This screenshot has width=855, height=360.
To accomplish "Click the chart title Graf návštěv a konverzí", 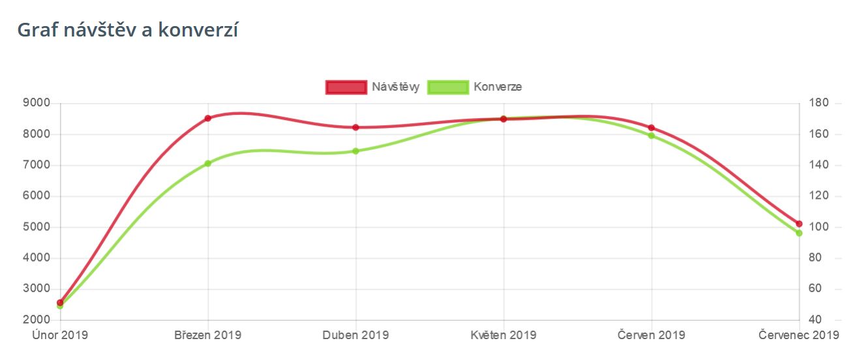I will pyautogui.click(x=127, y=30).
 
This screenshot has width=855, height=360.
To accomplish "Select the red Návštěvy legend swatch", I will pyautogui.click(x=346, y=87).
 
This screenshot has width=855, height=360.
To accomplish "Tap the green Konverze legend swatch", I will pyautogui.click(x=448, y=87).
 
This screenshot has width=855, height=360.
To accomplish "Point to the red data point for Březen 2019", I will pyautogui.click(x=208, y=118).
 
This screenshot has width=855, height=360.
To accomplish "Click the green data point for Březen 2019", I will pyautogui.click(x=208, y=163).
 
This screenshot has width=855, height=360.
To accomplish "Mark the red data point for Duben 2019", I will pyautogui.click(x=356, y=127).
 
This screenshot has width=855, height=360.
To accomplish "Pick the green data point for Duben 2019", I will pyautogui.click(x=356, y=151).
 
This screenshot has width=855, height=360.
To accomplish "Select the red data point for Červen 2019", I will pyautogui.click(x=652, y=127).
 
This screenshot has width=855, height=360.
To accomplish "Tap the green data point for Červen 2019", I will pyautogui.click(x=652, y=136).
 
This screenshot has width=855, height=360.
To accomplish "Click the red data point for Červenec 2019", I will pyautogui.click(x=799, y=224).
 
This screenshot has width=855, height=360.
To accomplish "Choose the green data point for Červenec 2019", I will pyautogui.click(x=799, y=233).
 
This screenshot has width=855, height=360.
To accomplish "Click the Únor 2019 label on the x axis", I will pyautogui.click(x=60, y=335).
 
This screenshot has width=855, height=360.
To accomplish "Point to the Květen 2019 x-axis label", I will pyautogui.click(x=503, y=335).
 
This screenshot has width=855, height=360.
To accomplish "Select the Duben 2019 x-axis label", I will pyautogui.click(x=356, y=335).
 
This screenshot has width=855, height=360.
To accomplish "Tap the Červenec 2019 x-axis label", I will pyautogui.click(x=799, y=335).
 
